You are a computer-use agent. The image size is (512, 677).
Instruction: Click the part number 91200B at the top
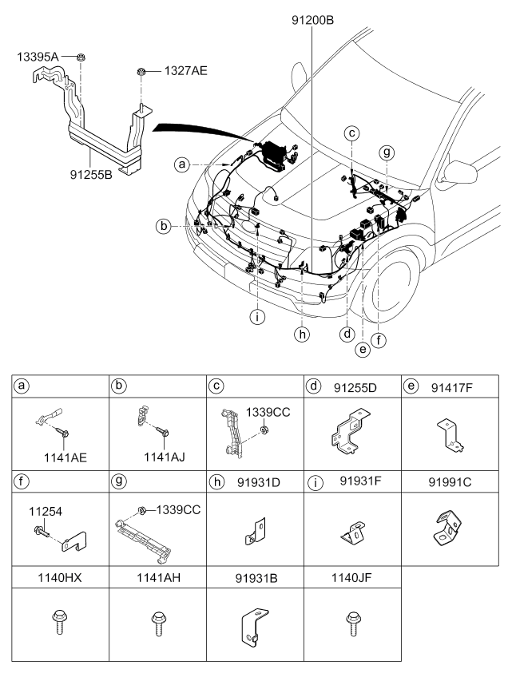tap(312, 20)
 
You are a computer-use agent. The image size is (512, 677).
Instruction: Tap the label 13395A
tap(38, 57)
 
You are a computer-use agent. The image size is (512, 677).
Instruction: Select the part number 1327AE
tap(185, 70)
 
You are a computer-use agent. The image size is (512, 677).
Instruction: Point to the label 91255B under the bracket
tap(91, 174)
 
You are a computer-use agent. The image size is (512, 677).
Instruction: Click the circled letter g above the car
tap(387, 152)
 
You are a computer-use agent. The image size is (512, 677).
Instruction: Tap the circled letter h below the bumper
tap(302, 334)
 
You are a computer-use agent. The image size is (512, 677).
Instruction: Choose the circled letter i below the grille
tap(257, 317)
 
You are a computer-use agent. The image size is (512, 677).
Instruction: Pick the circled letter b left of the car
tap(164, 226)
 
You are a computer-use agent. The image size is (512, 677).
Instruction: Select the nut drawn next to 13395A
tap(81, 57)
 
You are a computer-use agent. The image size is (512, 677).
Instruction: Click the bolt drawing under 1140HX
tap(58, 622)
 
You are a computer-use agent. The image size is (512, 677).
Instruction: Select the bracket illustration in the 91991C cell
tap(447, 528)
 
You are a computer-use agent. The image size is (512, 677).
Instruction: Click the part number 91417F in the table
tap(451, 388)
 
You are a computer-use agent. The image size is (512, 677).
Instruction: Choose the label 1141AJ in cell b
tap(165, 457)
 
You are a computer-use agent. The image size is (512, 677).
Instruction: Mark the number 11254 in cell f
tap(46, 511)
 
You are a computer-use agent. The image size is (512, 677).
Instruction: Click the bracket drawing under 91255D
tap(351, 431)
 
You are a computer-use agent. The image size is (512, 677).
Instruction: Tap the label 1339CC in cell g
tap(178, 510)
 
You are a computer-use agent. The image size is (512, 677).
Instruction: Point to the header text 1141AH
tap(159, 577)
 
